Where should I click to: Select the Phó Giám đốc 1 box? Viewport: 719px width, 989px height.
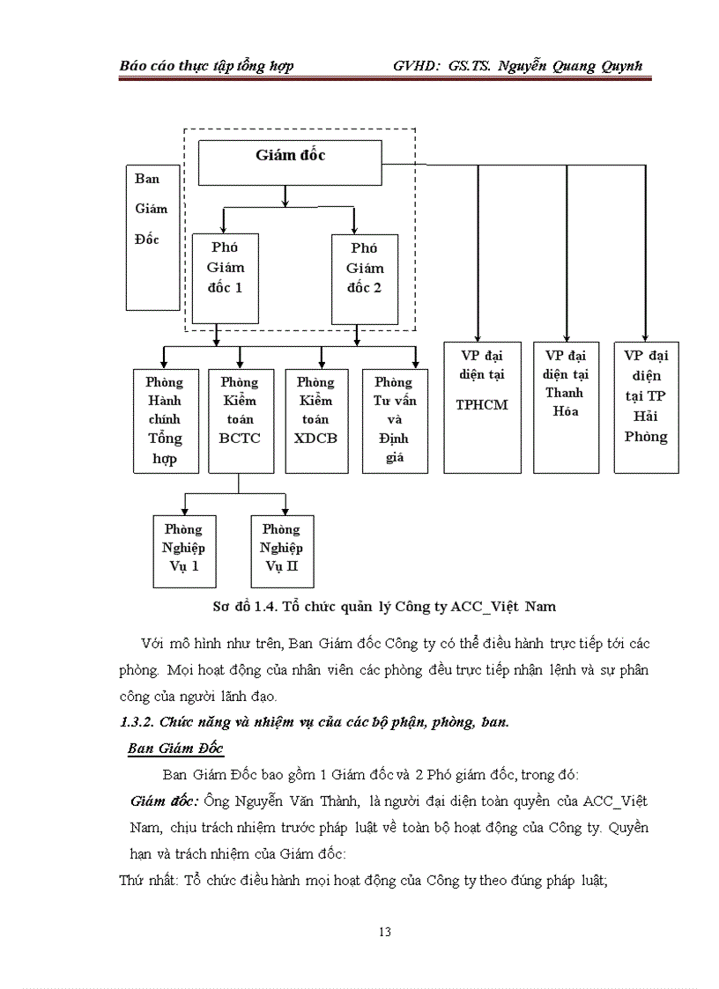(x=226, y=278)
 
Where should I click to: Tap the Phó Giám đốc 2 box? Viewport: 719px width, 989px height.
(x=364, y=278)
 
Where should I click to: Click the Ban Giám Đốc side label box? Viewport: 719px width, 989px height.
(x=152, y=236)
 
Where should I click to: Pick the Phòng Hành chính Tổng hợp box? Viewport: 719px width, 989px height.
(x=165, y=420)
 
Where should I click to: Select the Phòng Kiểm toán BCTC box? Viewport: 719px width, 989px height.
(x=239, y=420)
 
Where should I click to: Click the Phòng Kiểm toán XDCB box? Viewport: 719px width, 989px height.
(x=315, y=420)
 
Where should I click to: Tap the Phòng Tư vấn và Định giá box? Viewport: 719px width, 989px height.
(x=394, y=420)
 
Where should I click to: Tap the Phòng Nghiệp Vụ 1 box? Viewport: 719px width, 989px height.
(x=184, y=550)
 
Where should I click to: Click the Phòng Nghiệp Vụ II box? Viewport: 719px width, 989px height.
(x=282, y=550)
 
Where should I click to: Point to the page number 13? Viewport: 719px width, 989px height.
(x=384, y=932)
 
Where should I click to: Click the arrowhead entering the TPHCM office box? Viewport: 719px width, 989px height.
(x=478, y=336)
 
